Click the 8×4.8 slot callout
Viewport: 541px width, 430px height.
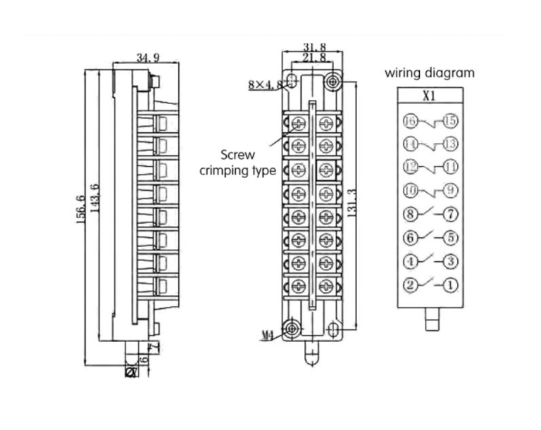(x=265, y=85)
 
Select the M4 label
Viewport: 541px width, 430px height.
(x=267, y=336)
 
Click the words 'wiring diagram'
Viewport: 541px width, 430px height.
(x=430, y=72)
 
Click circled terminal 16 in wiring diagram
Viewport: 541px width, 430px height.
(x=410, y=121)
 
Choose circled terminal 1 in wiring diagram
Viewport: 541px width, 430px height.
(x=450, y=286)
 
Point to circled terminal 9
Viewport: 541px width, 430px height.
(x=450, y=190)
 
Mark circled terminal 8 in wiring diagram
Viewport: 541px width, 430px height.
(x=410, y=214)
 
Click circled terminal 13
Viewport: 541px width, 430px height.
(x=450, y=144)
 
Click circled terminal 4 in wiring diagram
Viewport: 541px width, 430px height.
(x=410, y=262)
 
